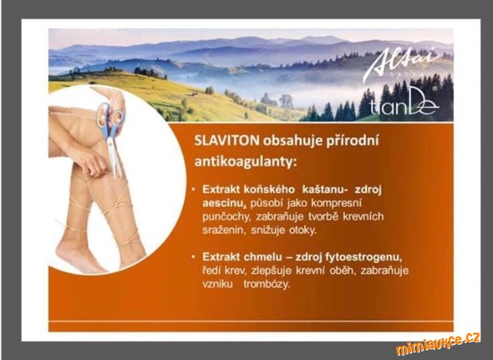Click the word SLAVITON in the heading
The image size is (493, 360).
click(226, 140)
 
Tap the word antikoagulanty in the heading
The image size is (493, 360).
click(246, 163)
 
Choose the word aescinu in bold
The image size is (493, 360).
click(223, 204)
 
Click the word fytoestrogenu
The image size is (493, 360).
click(364, 258)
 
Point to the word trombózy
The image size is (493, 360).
click(267, 284)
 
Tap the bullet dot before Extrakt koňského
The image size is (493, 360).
click(193, 190)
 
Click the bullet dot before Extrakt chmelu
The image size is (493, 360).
click(193, 257)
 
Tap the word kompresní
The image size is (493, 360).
click(336, 204)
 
